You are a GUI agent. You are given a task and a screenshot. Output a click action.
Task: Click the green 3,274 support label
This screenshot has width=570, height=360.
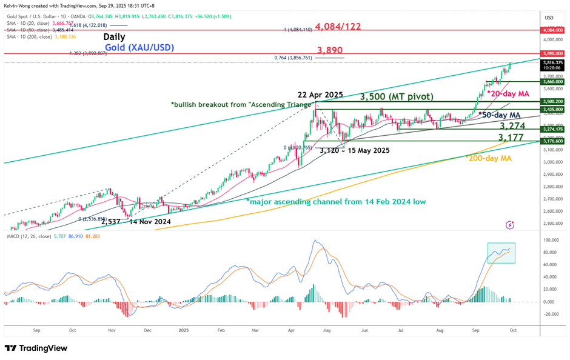click(512, 125)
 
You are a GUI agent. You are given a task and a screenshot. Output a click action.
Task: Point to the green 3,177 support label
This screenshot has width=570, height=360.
click(512, 139)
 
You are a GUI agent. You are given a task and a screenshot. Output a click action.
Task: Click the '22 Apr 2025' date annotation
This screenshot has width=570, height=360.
click(320, 94)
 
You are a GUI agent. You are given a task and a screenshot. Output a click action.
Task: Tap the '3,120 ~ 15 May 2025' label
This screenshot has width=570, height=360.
click(355, 150)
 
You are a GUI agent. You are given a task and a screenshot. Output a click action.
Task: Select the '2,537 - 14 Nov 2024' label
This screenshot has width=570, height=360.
click(135, 222)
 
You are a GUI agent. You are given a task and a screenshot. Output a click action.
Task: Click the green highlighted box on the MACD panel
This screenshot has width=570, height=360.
click(501, 252)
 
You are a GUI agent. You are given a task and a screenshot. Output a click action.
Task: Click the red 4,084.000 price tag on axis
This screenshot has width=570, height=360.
click(554, 29)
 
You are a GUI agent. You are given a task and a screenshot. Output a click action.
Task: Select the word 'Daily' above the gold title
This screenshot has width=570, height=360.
click(114, 37)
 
